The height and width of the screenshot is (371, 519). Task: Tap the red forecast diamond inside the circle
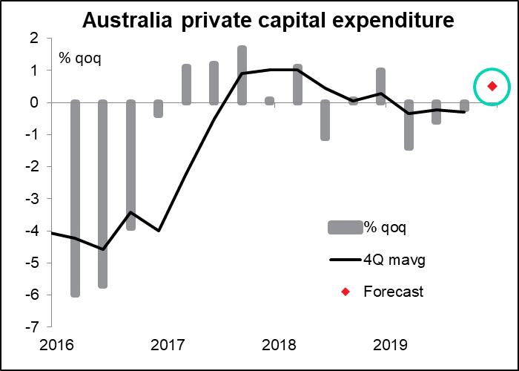(x=492, y=87)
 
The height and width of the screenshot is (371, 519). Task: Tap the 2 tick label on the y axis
(x=34, y=39)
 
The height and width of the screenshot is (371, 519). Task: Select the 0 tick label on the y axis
(x=34, y=102)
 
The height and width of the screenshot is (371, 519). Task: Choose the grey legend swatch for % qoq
(x=344, y=227)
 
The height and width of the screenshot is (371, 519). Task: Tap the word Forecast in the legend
(x=393, y=292)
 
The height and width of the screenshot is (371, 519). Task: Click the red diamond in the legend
(x=345, y=292)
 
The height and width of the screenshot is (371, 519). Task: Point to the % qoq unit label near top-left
(x=79, y=57)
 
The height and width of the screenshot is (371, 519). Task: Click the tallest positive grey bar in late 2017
(x=242, y=75)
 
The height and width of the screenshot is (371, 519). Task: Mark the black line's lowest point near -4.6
(x=103, y=249)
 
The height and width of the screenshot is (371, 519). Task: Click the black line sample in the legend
(x=344, y=260)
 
